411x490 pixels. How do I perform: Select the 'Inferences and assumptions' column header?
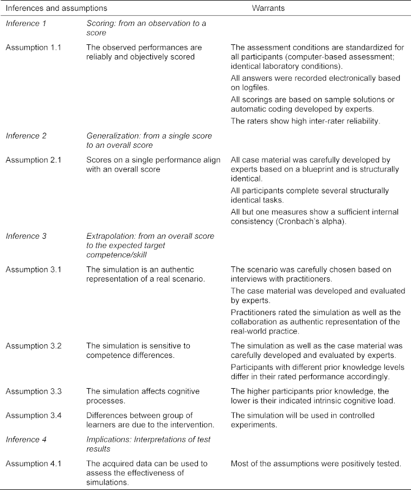click(56, 9)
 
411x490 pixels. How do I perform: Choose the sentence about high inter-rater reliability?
click(305, 121)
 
